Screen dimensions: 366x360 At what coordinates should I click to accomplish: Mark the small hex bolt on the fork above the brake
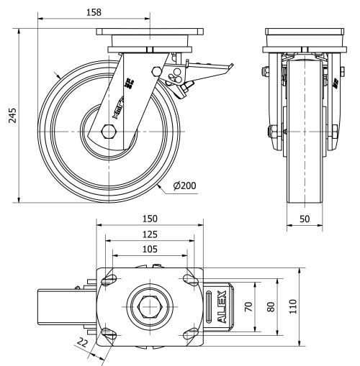point(157,70)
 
